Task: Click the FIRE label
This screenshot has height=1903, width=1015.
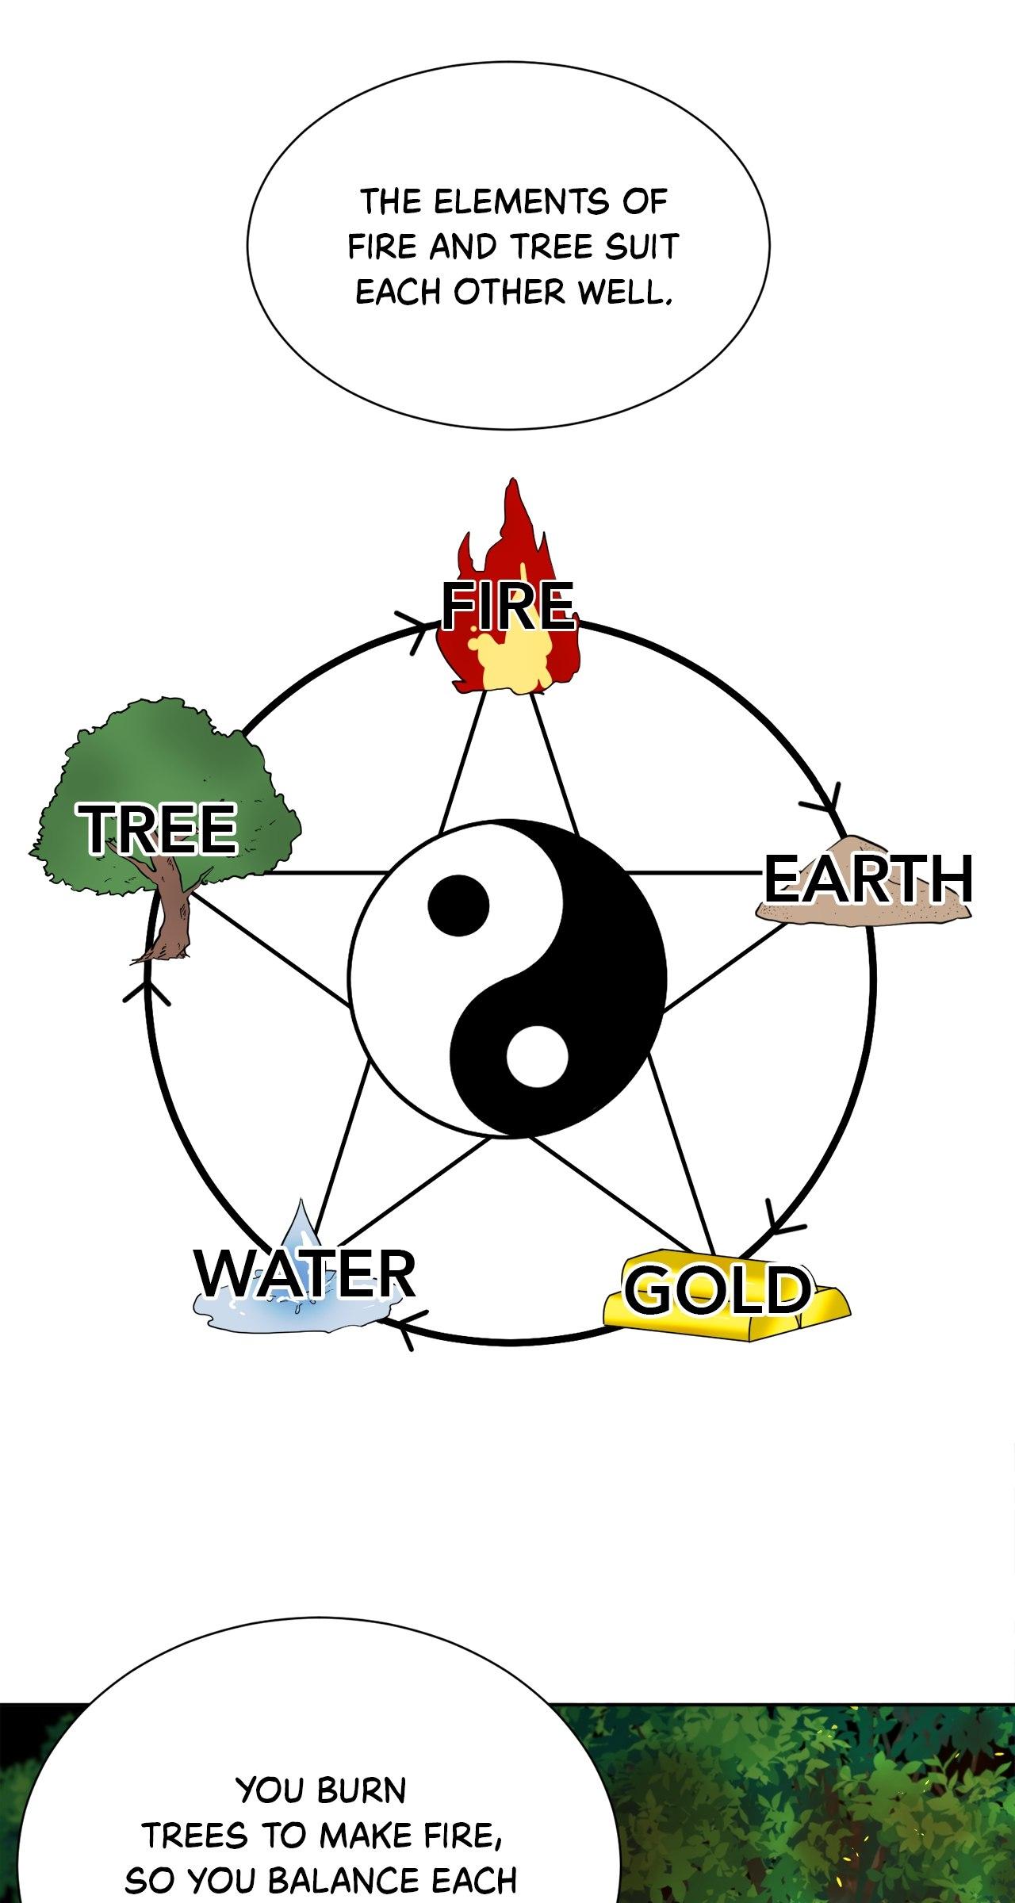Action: (508, 606)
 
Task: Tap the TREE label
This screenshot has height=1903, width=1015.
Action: (159, 829)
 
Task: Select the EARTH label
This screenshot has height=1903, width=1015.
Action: (868, 879)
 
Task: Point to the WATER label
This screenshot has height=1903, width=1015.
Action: (305, 1273)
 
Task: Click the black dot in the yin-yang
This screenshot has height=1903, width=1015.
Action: (458, 906)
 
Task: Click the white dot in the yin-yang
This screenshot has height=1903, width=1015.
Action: (538, 1056)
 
